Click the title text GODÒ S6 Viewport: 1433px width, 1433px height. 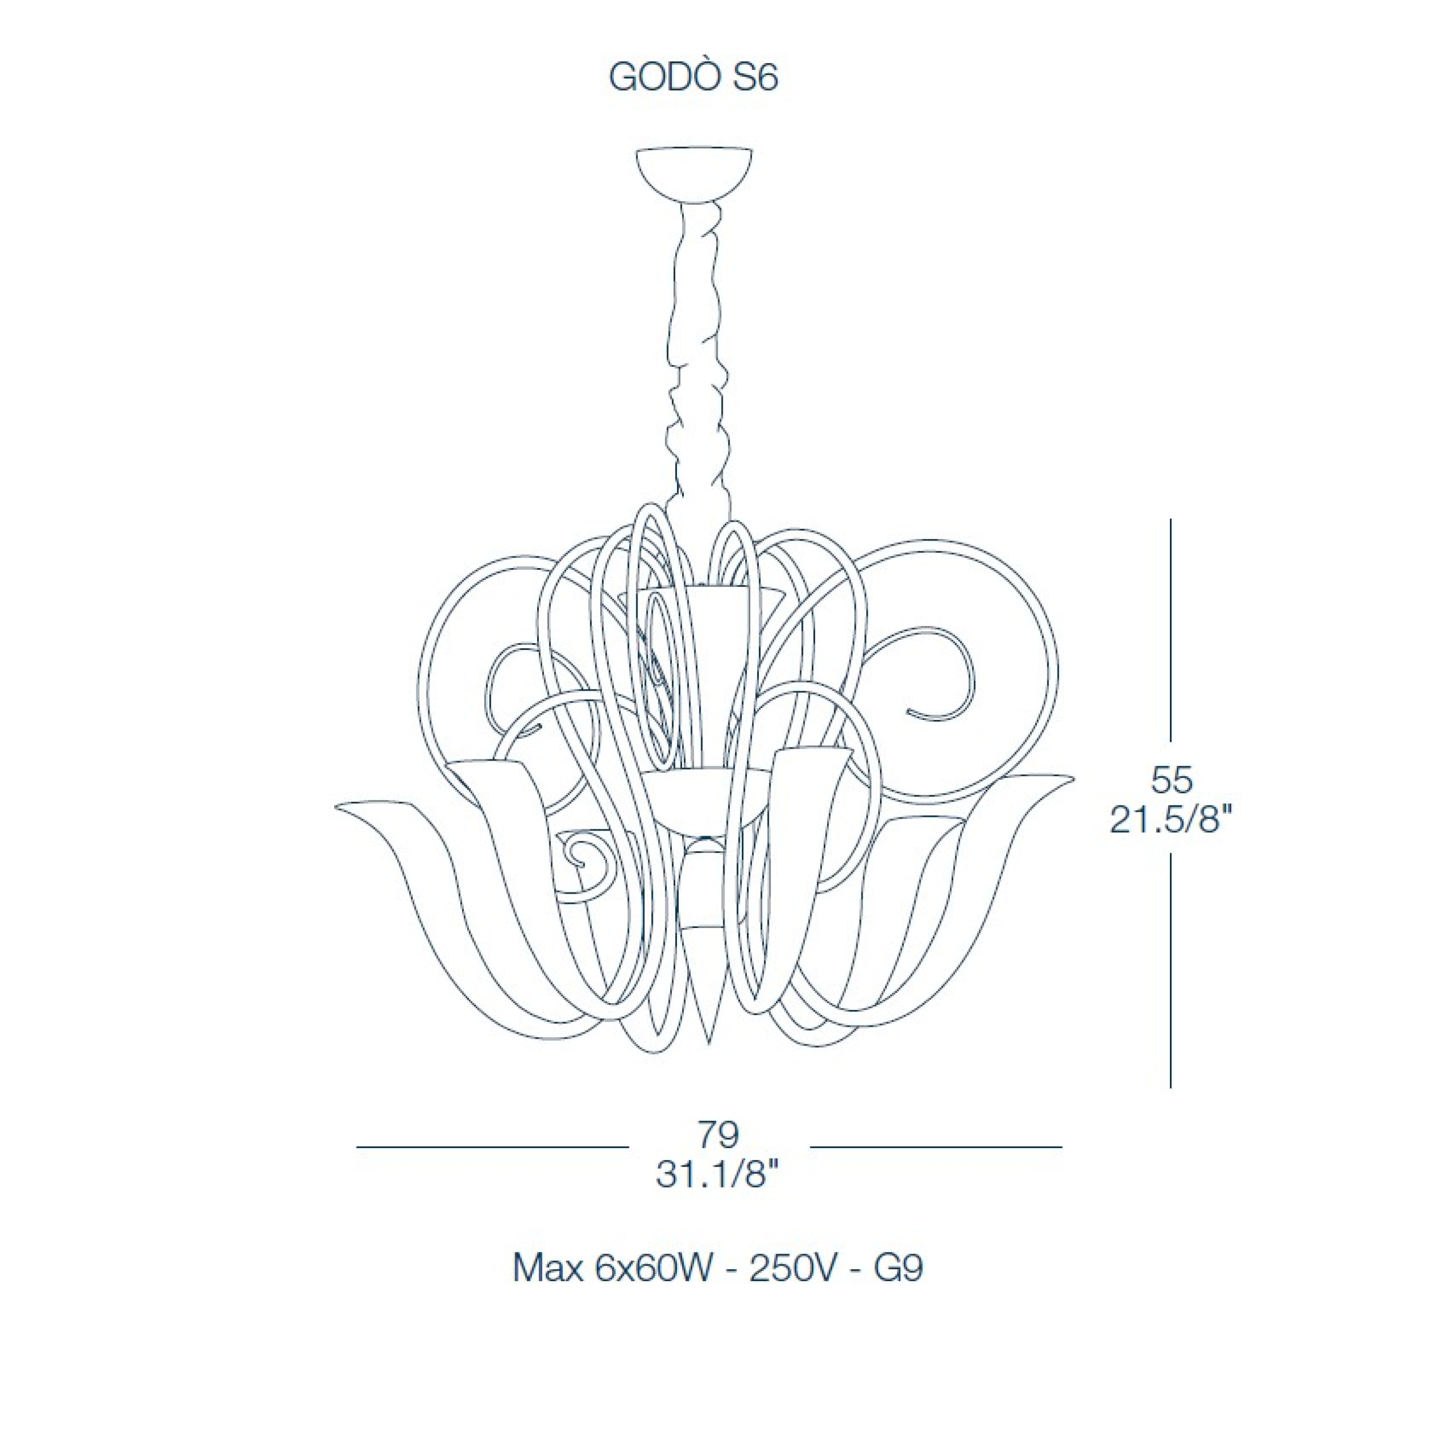693,77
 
